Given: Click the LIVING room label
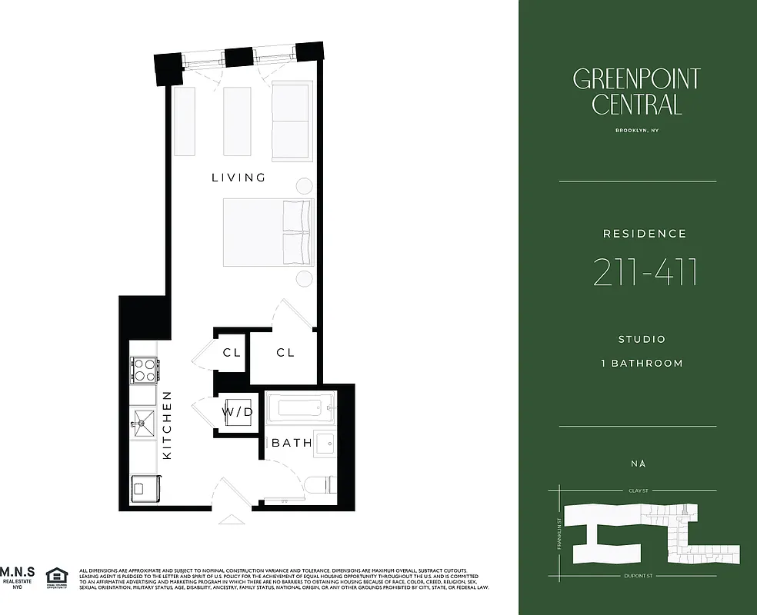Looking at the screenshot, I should coord(238,178).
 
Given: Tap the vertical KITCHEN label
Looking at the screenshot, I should coord(167,425).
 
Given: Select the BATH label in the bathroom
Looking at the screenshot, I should coord(292,443).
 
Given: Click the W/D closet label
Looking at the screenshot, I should coord(238,412).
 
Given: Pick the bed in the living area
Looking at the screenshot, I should coord(268,232).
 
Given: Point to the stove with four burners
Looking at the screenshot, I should coord(144,370).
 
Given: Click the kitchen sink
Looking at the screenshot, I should coord(144,420).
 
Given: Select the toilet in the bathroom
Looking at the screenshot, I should coord(318,485).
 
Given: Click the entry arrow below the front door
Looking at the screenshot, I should coord(230,520).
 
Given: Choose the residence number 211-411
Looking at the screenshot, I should coord(645,273).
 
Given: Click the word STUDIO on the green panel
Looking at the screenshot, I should coord(642,339).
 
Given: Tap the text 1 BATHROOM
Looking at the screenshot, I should coord(642,363).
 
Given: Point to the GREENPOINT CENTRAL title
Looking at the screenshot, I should coord(636,91).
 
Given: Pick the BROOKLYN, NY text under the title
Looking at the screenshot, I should coord(637,131).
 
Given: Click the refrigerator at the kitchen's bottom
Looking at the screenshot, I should coord(143,486).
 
